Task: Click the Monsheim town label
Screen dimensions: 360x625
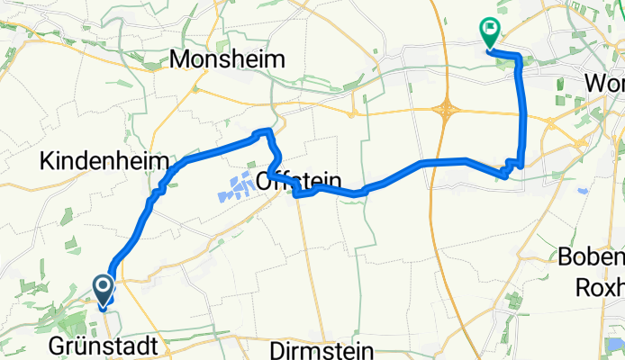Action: point(227,60)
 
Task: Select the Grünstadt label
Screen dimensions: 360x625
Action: point(103,346)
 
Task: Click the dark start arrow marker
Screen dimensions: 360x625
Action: point(103,290)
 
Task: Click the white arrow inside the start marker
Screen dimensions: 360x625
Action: point(103,287)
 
